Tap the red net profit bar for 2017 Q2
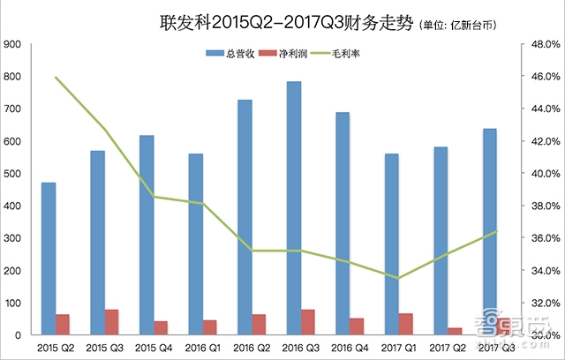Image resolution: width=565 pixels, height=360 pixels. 455,331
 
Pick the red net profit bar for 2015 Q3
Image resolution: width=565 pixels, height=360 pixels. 112,322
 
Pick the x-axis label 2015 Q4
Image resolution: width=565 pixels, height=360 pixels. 154,347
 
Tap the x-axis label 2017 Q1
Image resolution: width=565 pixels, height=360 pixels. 400,347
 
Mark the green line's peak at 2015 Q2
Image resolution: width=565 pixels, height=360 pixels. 56,78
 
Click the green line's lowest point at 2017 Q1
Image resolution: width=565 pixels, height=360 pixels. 399,278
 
